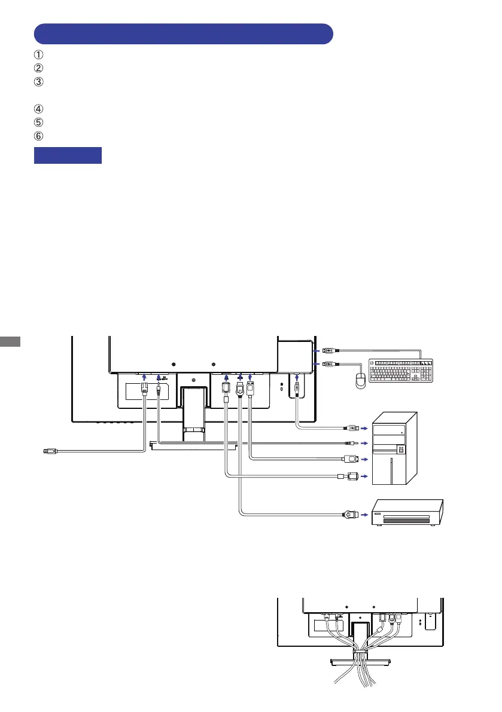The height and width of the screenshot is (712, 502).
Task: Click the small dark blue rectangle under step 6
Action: click(68, 155)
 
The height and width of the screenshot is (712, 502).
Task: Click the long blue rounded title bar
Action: click(183, 33)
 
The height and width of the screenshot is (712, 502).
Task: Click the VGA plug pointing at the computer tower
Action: click(350, 476)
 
